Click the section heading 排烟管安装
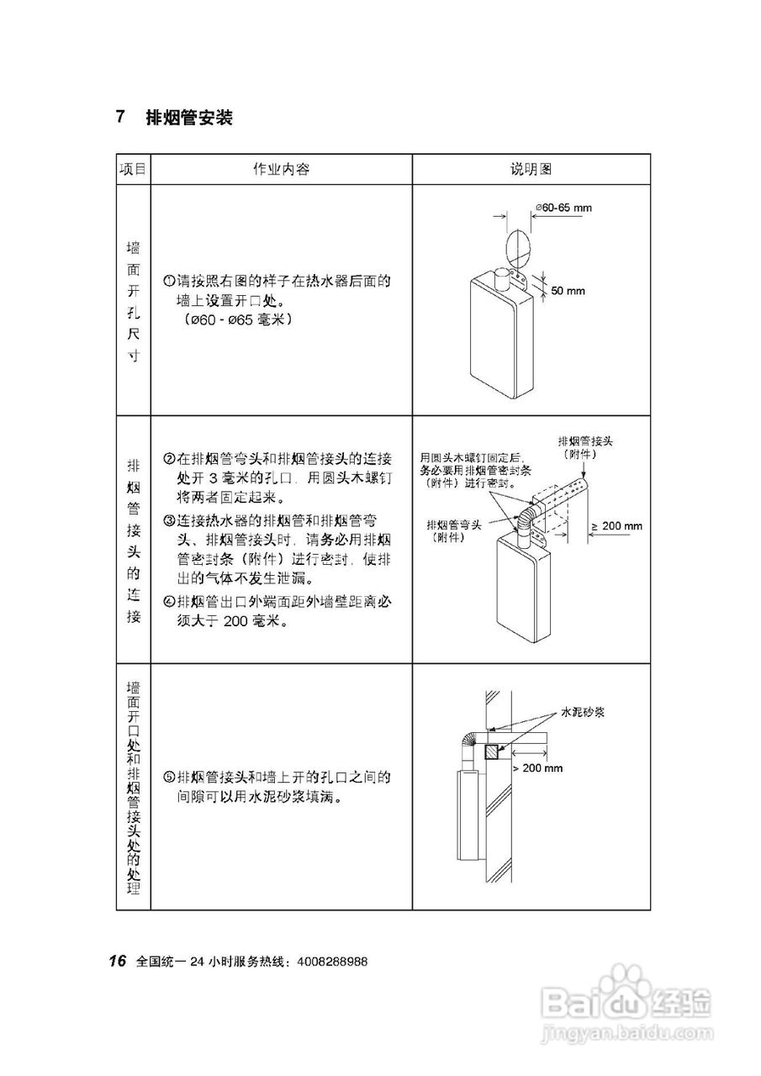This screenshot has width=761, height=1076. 188,118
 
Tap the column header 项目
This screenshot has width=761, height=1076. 133,169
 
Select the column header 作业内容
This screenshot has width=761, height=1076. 282,169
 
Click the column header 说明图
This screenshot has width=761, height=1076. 531,169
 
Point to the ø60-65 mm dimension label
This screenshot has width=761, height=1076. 563,207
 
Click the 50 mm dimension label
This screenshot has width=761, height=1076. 568,291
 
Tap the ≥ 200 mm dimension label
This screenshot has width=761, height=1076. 616,526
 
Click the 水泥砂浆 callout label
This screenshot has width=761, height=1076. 584,712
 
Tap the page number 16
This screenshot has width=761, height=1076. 117,961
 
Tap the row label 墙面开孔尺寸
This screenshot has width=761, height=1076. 133,301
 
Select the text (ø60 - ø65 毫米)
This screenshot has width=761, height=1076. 240,320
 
